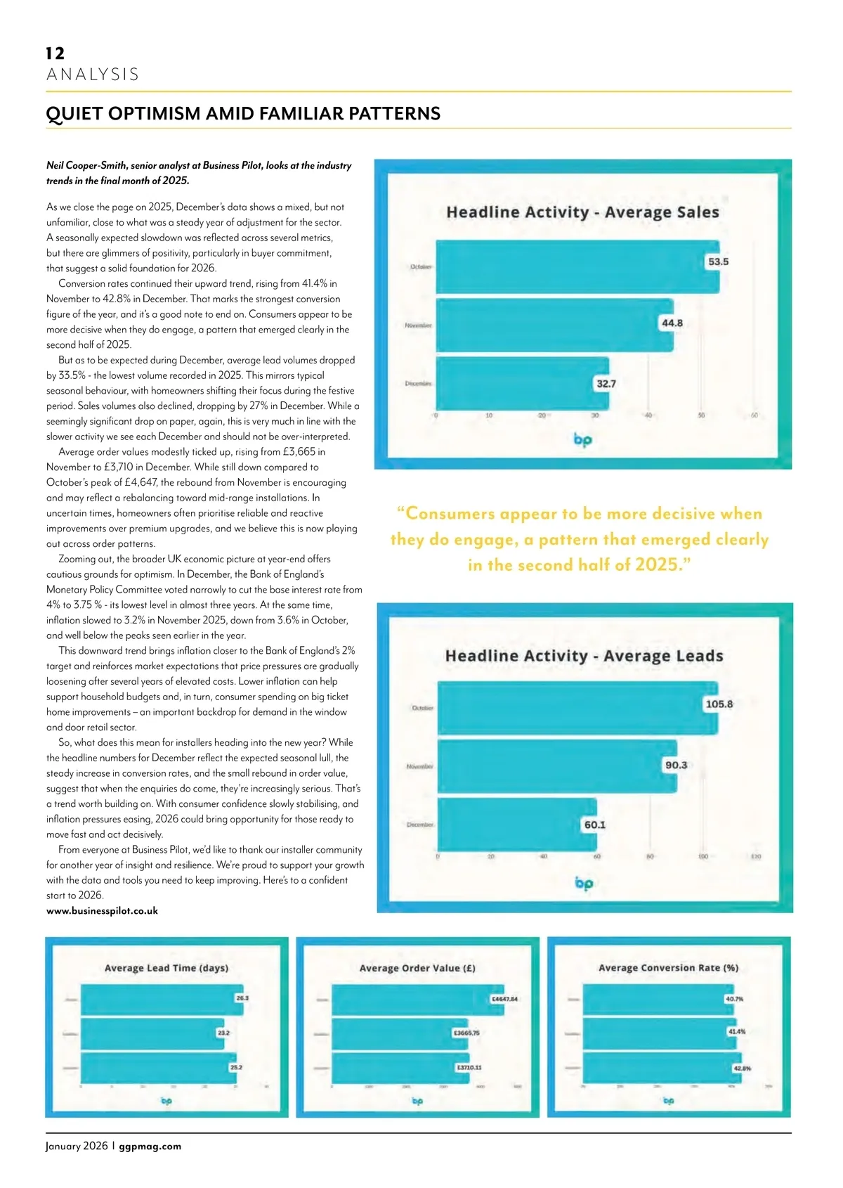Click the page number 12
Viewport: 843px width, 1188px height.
point(55,53)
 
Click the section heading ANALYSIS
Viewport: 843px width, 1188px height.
point(93,75)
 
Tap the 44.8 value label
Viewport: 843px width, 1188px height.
point(672,323)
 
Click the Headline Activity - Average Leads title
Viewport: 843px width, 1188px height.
point(584,656)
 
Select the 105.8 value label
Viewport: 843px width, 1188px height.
point(719,704)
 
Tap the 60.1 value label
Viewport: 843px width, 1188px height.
point(594,825)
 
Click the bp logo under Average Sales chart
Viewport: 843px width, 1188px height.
point(583,440)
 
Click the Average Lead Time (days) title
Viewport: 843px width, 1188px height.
point(166,968)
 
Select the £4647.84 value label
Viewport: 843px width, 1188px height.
point(504,999)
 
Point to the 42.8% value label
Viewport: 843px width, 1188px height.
point(742,1068)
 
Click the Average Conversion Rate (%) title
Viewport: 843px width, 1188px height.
point(668,968)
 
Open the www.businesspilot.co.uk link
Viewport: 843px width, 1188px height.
point(102,911)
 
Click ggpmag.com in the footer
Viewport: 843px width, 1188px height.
point(150,1147)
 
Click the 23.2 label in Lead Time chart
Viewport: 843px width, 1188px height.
point(223,1033)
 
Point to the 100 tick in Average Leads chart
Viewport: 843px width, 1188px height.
point(702,857)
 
